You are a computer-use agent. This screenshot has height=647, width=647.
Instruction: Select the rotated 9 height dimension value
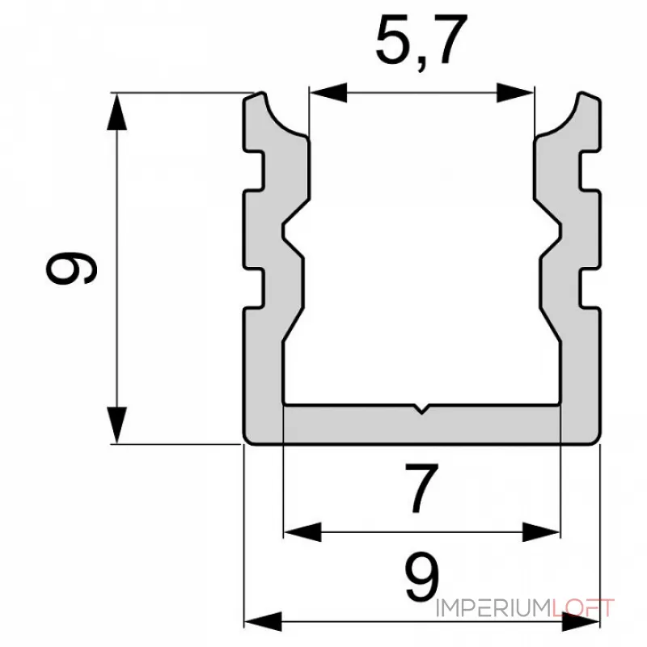[71, 268]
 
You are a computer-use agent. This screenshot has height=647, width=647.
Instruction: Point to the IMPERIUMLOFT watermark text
[525, 608]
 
